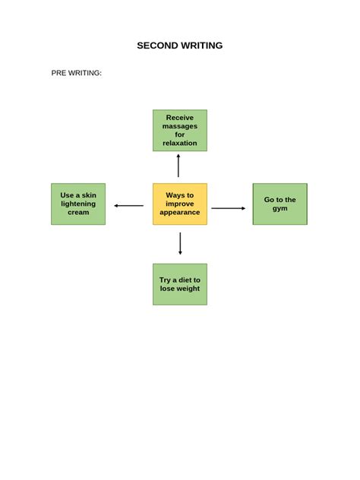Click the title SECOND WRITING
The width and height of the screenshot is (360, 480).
coord(180,46)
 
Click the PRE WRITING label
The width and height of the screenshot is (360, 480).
coord(76,73)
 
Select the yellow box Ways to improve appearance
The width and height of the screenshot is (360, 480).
coord(180,204)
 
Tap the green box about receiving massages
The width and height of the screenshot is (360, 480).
coord(180,130)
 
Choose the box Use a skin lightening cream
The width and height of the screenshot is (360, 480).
coord(78,204)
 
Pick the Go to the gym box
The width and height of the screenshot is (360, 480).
coord(279,204)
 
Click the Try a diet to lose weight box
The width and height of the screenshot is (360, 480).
coord(180,284)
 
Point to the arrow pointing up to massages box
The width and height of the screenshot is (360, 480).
coord(178,166)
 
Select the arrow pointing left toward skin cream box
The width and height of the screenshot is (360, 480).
coord(128,206)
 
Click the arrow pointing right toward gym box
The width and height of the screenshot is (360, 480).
coord(229,208)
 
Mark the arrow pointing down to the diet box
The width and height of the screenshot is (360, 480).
coord(180,243)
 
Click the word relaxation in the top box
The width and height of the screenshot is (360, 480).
coord(180,143)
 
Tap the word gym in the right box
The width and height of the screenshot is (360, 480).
coord(279,208)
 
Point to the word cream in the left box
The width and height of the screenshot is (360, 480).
coord(78,213)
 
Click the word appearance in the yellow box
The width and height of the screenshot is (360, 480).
coord(180,213)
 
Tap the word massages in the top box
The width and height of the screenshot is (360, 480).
coord(180,126)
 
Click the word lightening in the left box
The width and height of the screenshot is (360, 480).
coord(78,204)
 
